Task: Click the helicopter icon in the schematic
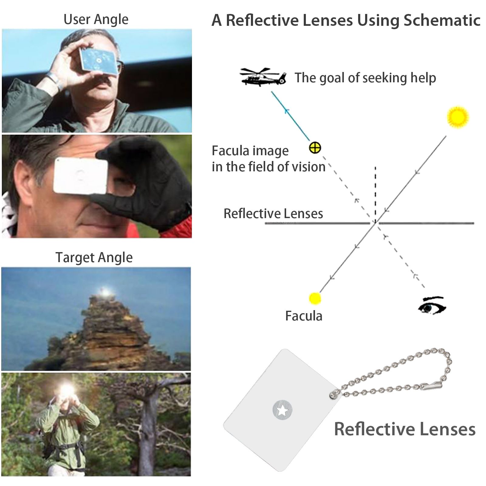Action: [x=263, y=77]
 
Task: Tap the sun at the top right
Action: [x=458, y=117]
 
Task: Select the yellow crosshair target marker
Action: [x=315, y=148]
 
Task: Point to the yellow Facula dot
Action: [x=315, y=298]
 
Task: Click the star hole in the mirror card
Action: [x=282, y=411]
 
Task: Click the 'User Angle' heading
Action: [x=96, y=19]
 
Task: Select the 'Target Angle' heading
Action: [x=94, y=258]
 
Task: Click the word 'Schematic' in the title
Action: [x=442, y=21]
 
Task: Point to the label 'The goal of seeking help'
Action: [x=365, y=78]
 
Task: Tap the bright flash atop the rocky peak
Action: [x=105, y=292]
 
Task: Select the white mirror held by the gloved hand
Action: [x=81, y=176]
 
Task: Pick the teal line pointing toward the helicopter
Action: [x=291, y=116]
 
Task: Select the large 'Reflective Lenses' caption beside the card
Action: [x=405, y=429]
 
